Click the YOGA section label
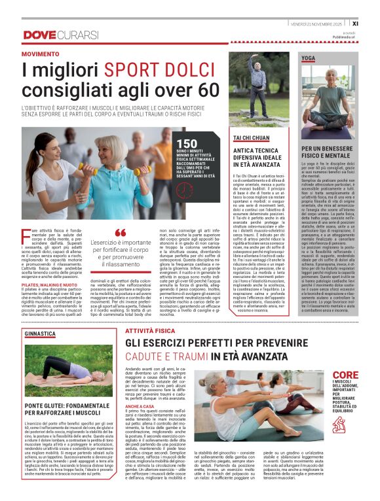click(x=308, y=58)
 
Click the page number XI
click(x=372, y=23)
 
